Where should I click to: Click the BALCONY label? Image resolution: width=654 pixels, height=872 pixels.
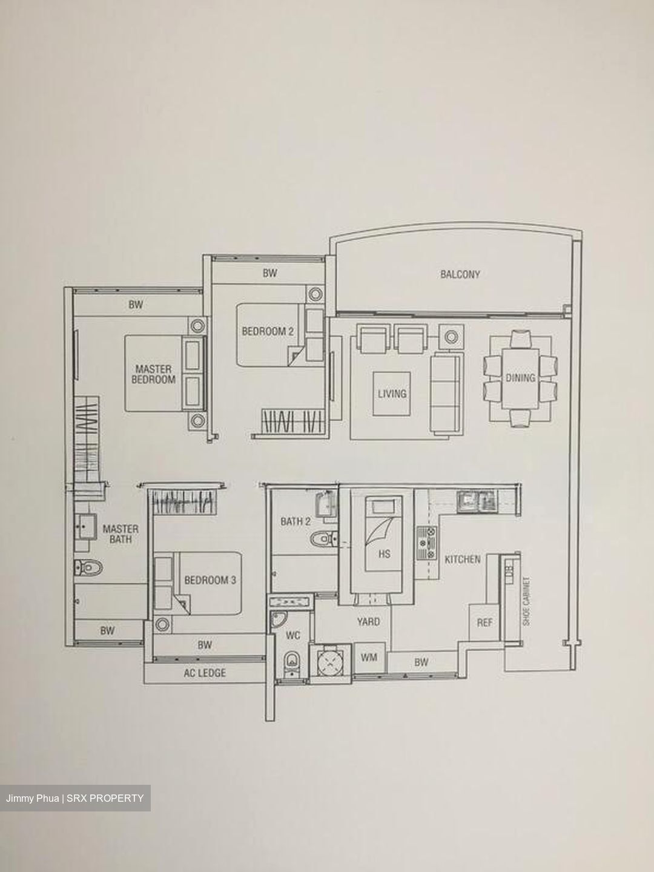[x=460, y=274]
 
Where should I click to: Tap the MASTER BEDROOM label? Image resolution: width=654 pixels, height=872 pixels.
[x=154, y=374]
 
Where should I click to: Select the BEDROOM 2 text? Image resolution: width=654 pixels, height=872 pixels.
[x=268, y=331]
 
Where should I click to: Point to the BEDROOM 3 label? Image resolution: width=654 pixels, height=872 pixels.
[x=210, y=580]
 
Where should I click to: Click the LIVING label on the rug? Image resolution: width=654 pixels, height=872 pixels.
[x=392, y=394]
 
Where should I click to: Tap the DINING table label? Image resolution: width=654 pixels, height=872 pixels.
[x=520, y=378]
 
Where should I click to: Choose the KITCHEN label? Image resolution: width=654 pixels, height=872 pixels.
[x=463, y=559]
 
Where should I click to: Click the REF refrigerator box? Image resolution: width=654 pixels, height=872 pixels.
[x=485, y=622]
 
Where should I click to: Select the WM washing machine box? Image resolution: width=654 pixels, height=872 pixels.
[x=369, y=657]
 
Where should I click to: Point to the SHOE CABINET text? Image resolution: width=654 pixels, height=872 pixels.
[x=526, y=601]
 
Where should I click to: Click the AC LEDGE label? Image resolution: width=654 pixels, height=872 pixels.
[x=205, y=673]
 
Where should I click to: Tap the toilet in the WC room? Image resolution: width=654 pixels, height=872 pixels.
[x=292, y=662]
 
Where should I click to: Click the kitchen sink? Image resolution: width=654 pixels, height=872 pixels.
[x=476, y=501]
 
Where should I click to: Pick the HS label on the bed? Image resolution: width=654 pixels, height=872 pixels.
[x=384, y=553]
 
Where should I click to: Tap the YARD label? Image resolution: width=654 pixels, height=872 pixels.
[x=368, y=621]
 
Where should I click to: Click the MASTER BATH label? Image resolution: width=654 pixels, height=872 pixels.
[x=121, y=533]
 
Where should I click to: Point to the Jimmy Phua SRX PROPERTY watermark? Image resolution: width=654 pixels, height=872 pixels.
[x=75, y=798]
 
